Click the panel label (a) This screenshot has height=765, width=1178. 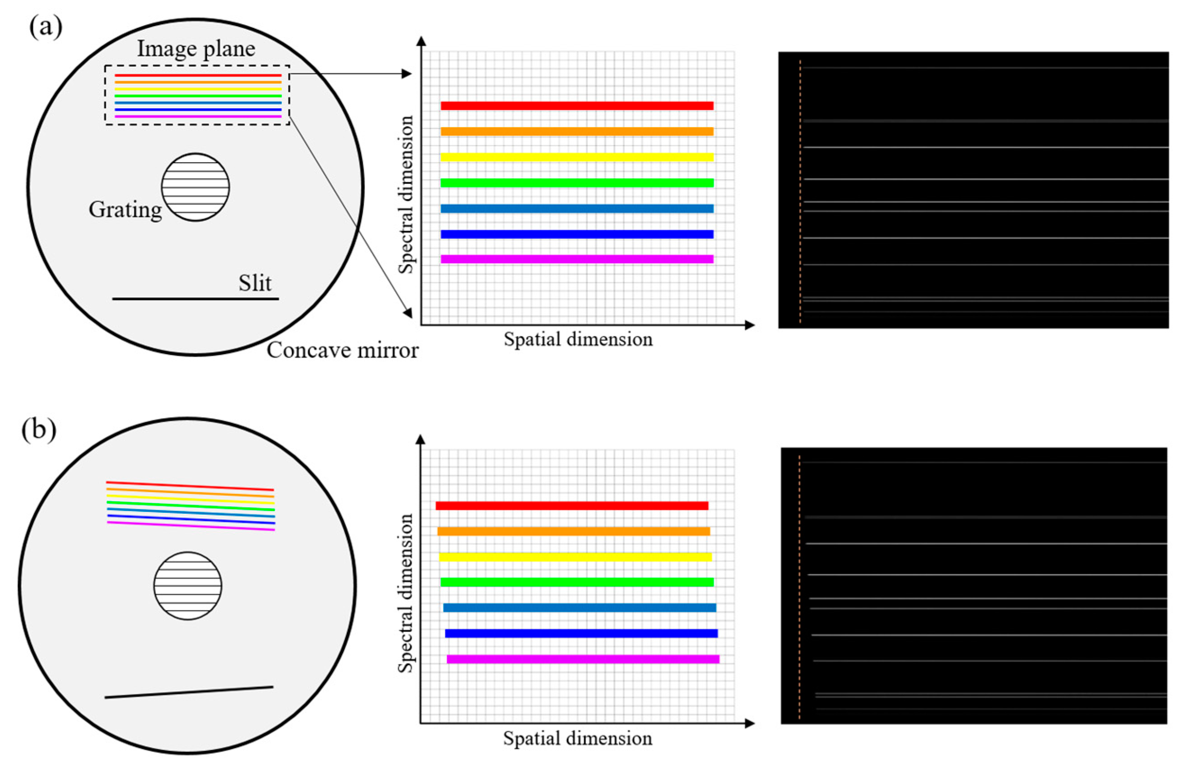(x=46, y=27)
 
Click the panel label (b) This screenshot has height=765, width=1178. (x=39, y=429)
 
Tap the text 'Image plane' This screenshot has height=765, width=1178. (x=196, y=49)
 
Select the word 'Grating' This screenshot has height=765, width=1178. (x=125, y=210)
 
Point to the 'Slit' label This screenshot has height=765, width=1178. (x=255, y=283)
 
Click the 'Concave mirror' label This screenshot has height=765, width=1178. (x=342, y=351)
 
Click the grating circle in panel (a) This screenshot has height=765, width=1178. (x=196, y=187)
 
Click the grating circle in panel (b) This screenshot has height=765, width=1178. (x=187, y=586)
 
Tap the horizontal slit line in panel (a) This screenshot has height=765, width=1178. (x=196, y=298)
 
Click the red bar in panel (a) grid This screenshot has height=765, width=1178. (x=577, y=106)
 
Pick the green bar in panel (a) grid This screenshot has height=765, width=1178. (x=577, y=182)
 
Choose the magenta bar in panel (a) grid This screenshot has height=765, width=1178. (x=577, y=259)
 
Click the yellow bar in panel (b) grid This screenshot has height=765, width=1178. (x=575, y=557)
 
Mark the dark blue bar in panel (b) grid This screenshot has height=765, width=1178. (x=581, y=633)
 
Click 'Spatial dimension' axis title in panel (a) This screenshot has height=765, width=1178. (x=578, y=339)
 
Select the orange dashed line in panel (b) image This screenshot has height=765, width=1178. (x=799, y=587)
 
